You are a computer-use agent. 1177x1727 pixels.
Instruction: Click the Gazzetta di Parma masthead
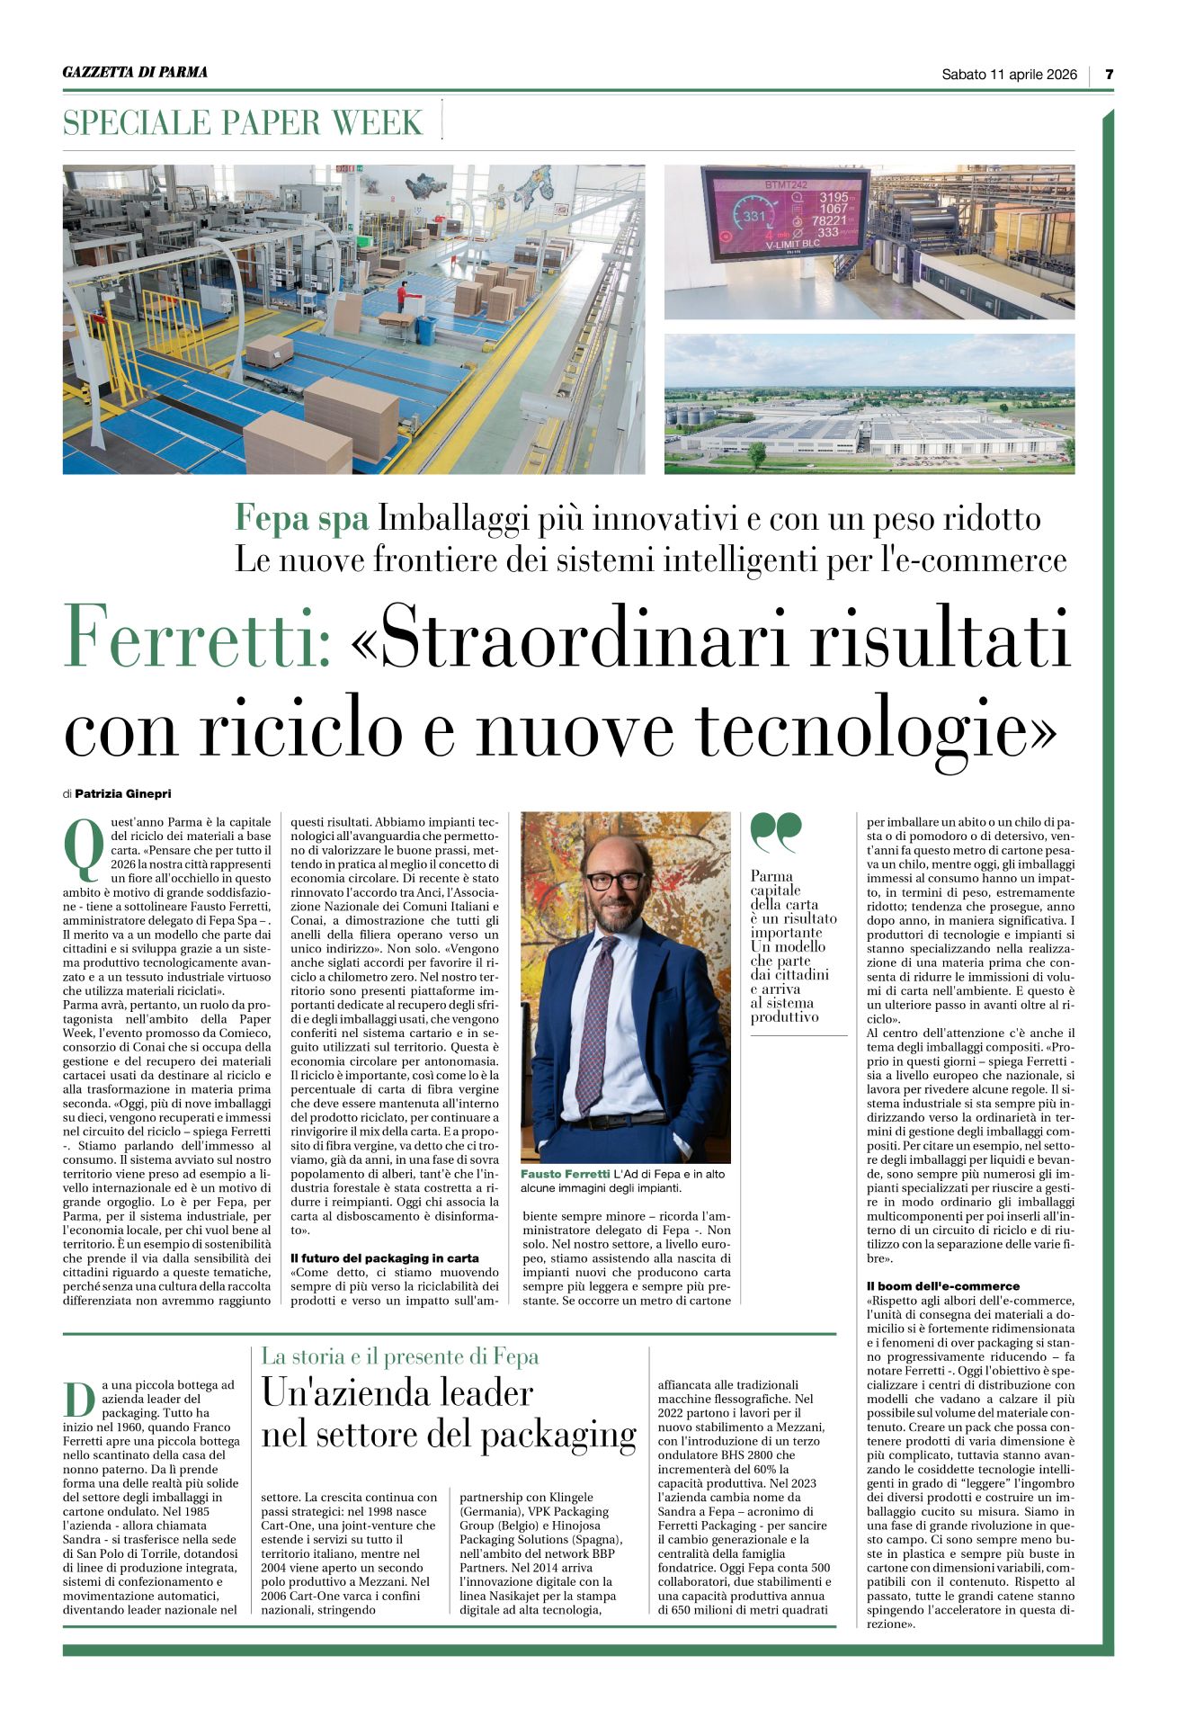(x=135, y=72)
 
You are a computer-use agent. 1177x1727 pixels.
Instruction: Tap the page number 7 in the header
(x=1109, y=75)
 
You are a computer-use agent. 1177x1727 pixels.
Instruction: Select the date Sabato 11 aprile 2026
(x=1009, y=75)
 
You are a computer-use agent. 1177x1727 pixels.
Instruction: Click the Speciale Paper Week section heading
(x=243, y=122)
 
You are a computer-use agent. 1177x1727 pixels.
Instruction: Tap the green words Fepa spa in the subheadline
(x=301, y=519)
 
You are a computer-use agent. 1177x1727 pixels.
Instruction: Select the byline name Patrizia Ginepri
(x=122, y=793)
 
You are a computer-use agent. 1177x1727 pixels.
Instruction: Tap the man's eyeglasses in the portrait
(x=614, y=880)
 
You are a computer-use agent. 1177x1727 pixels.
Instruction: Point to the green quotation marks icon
(x=775, y=832)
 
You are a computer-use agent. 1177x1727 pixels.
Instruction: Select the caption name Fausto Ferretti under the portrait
(x=565, y=1174)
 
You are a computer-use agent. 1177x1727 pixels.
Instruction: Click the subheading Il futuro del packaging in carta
(x=385, y=1257)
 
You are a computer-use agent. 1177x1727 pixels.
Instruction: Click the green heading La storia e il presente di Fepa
(x=400, y=1356)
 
